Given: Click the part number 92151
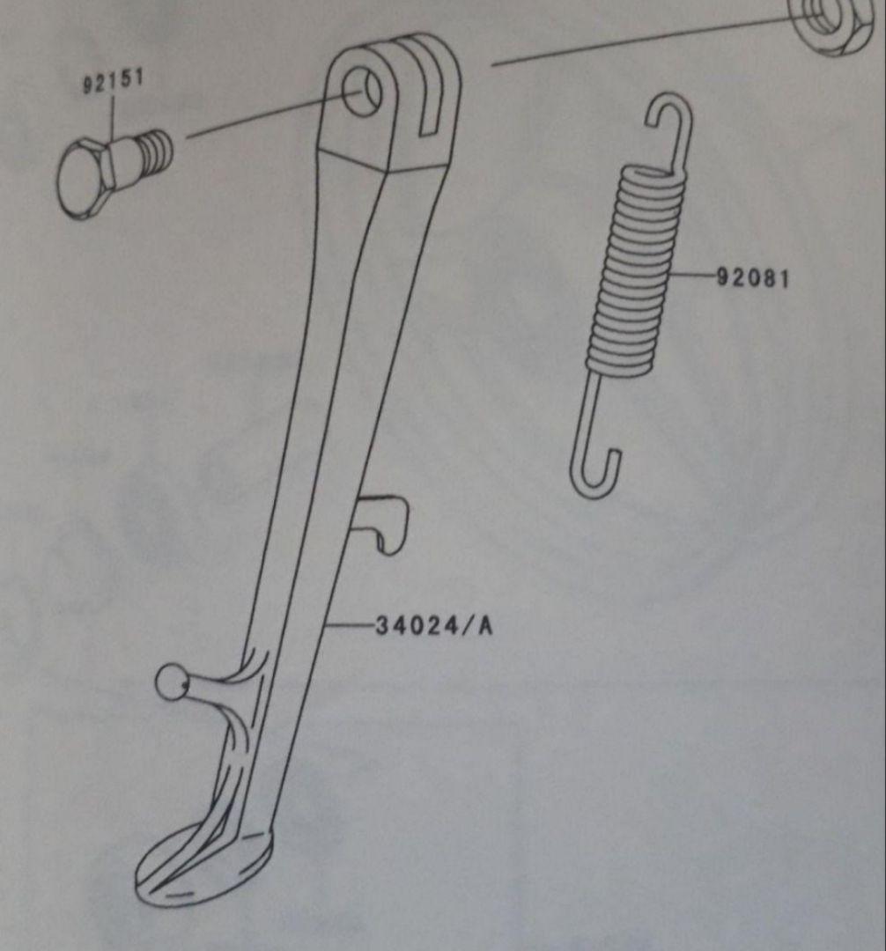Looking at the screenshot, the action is coord(113,81).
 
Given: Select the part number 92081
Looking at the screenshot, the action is coord(753,279).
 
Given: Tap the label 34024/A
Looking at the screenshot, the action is coord(434,625).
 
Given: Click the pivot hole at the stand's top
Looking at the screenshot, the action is coord(362,92).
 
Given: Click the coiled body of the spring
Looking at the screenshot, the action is coord(637,267).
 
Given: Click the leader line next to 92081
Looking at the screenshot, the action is coord(692,276).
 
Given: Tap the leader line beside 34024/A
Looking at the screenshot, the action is coord(351,624).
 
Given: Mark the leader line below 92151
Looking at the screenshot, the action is coord(113,121).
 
